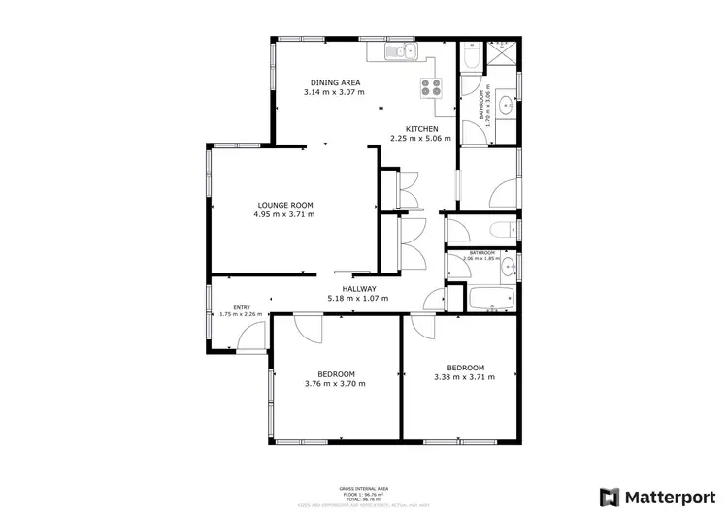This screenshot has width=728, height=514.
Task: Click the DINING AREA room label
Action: tap(334, 82)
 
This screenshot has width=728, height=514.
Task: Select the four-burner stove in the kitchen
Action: tap(430, 87)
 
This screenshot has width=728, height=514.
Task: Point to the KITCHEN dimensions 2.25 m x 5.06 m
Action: tap(420, 139)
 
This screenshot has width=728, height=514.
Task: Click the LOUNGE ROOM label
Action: tap(285, 205)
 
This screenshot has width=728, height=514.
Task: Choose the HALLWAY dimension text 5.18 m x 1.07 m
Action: tap(357, 298)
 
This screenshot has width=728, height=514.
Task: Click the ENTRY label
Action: tap(227, 308)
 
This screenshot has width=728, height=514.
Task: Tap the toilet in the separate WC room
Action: tap(500, 230)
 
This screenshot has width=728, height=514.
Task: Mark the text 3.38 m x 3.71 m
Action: tap(459, 378)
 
